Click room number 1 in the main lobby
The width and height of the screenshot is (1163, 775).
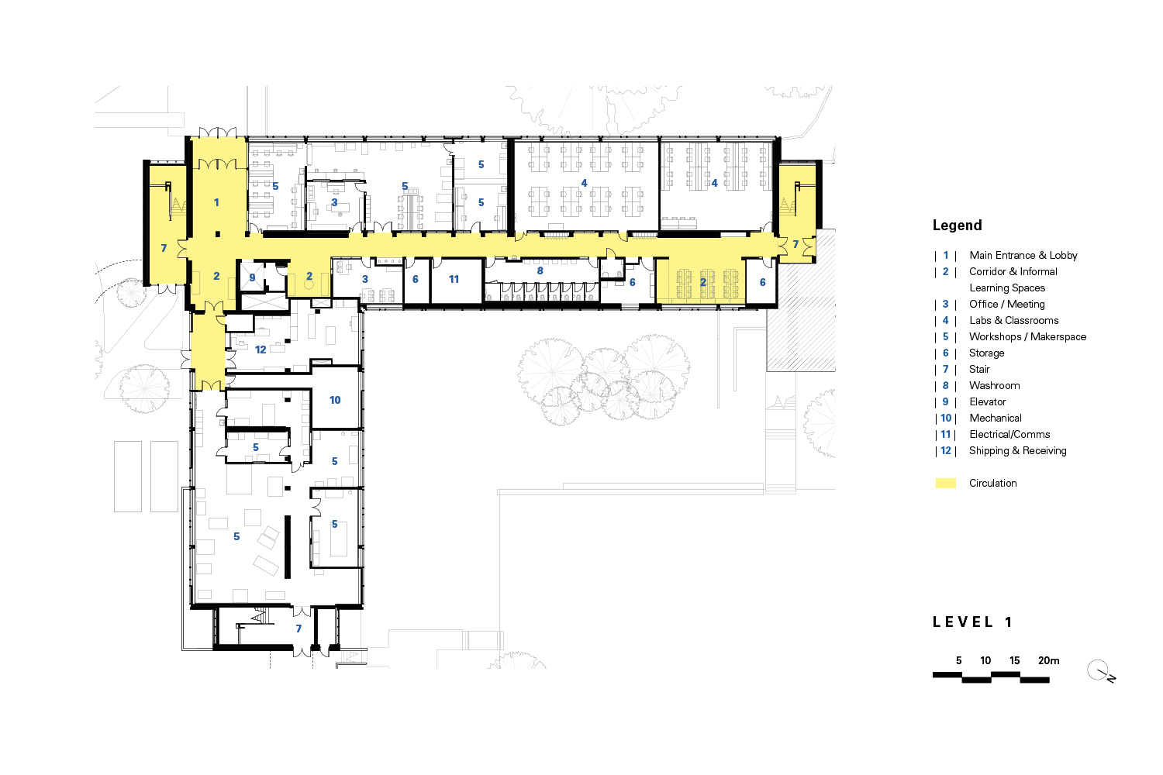click(x=216, y=202)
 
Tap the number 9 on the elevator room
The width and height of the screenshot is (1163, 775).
click(x=252, y=277)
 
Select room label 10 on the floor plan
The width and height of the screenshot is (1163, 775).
click(x=335, y=400)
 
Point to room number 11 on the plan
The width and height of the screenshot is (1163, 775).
click(x=454, y=279)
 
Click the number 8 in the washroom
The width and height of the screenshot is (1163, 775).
click(x=540, y=270)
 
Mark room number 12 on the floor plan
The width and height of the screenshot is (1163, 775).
click(x=261, y=350)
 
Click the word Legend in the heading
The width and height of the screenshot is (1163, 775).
click(x=957, y=226)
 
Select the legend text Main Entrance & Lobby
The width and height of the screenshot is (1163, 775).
click(x=1023, y=255)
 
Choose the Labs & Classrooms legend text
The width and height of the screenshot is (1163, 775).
click(x=1013, y=320)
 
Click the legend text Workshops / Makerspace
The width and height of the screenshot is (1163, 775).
click(x=1027, y=336)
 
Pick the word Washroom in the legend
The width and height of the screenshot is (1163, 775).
click(x=994, y=385)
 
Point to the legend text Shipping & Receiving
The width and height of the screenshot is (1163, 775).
click(x=1017, y=450)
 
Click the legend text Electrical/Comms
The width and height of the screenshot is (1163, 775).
click(x=1009, y=434)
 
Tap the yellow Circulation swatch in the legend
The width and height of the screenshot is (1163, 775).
click(x=945, y=483)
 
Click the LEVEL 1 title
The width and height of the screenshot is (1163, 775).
click(x=972, y=622)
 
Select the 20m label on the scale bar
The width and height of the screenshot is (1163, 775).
click(x=1048, y=660)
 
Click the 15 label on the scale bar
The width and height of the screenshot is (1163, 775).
click(x=1014, y=660)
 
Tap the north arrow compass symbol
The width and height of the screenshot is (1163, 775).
click(x=1099, y=670)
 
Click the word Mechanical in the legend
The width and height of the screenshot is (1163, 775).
click(x=996, y=418)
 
